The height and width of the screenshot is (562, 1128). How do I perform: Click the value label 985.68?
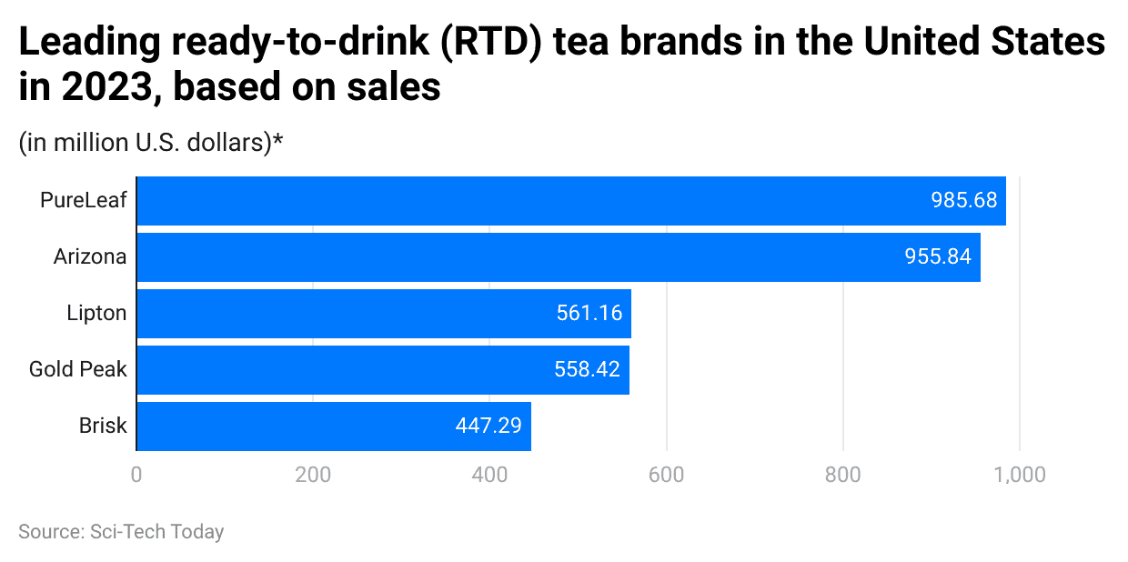pyautogui.click(x=963, y=201)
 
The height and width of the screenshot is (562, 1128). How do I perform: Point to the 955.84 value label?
pyautogui.click(x=938, y=257)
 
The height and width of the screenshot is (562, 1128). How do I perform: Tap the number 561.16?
pyautogui.click(x=589, y=314)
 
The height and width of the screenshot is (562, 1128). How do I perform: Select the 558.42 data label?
pyautogui.click(x=587, y=370)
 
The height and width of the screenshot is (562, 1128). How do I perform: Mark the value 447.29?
pyautogui.click(x=488, y=427)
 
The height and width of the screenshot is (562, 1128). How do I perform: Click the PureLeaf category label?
pyautogui.click(x=84, y=201)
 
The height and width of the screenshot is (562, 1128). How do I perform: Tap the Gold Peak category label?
pyautogui.click(x=78, y=370)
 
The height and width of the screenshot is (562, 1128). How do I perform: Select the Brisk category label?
pyautogui.click(x=102, y=427)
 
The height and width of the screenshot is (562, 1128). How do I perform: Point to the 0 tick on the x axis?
pyautogui.click(x=136, y=475)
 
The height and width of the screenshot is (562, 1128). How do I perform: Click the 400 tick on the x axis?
pyautogui.click(x=489, y=475)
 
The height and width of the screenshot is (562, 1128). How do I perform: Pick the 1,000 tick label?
pyautogui.click(x=1019, y=475)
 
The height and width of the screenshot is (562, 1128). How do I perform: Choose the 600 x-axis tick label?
pyautogui.click(x=666, y=475)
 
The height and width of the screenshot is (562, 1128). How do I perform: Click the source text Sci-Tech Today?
pyautogui.click(x=156, y=532)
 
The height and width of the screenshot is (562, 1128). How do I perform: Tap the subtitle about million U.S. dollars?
pyautogui.click(x=151, y=143)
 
